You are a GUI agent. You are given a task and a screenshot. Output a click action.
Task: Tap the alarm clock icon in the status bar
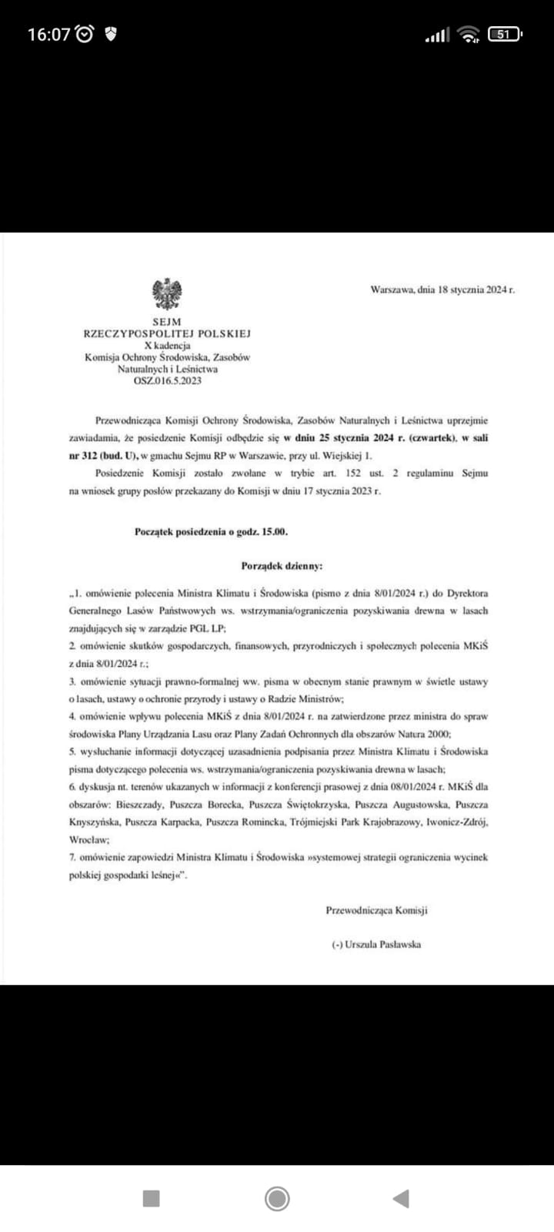coord(86,35)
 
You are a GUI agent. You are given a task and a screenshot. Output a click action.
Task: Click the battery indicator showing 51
coord(505,35)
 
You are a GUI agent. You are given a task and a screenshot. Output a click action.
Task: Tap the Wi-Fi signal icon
coord(467,35)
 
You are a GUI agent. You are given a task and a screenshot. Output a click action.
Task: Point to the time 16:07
coord(49,35)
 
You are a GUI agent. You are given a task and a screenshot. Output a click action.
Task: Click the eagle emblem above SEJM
coord(167,295)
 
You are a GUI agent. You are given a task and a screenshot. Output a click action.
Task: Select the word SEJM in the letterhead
coord(167,323)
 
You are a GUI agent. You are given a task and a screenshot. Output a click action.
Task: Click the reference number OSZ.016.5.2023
coord(167,380)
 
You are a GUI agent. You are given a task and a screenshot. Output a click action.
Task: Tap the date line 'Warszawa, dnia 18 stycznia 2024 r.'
coord(442,290)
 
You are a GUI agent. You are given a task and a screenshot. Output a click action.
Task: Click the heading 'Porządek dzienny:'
coord(282,566)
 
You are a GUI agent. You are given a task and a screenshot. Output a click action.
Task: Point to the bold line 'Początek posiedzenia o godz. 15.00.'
coord(212,531)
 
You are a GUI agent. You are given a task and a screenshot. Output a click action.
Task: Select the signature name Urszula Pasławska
coord(382,944)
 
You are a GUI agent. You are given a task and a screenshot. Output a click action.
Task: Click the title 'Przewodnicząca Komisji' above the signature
coord(376,910)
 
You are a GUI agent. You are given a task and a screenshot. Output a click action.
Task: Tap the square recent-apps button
coord(152,1198)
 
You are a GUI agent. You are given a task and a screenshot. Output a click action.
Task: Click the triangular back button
coord(400,1198)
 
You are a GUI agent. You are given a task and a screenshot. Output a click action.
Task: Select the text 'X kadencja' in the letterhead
coord(167,346)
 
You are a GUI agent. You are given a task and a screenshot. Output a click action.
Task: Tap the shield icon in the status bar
coord(111,35)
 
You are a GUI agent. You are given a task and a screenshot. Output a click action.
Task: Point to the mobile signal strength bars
coord(437,35)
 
